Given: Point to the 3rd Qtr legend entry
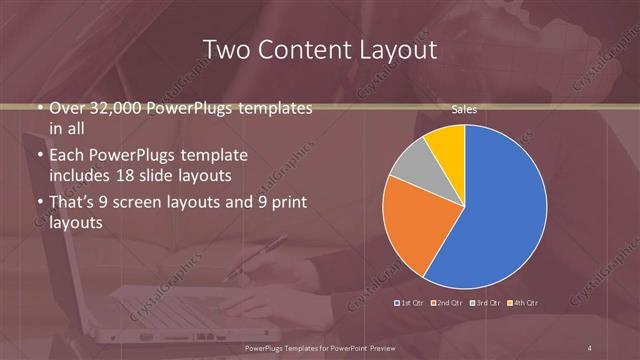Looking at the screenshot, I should [487, 301].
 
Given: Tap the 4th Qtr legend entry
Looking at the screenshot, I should [524, 301].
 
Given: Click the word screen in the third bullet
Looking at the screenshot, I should [142, 203].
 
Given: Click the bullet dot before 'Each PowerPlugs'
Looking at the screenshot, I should [38, 156].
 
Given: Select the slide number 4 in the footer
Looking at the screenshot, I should [591, 347].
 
